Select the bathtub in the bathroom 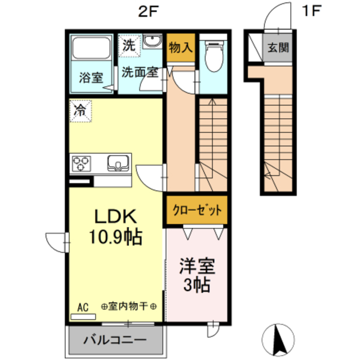(x=92, y=48)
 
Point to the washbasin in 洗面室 (x=152, y=42)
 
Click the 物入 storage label (x=181, y=48)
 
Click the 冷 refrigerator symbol (x=81, y=110)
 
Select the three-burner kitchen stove (x=82, y=164)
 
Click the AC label (x=82, y=307)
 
